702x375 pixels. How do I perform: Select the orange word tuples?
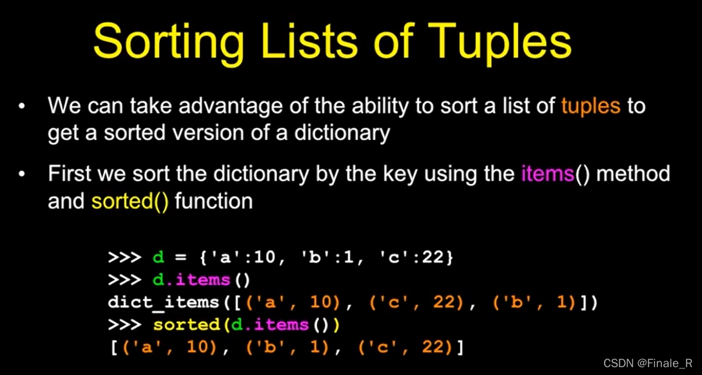point(590,106)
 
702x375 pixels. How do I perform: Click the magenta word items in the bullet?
point(547,174)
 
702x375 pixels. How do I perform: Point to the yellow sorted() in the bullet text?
point(130,200)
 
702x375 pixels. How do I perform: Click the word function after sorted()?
point(213,200)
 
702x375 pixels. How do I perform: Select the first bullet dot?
point(22,107)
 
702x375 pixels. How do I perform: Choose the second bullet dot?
point(22,175)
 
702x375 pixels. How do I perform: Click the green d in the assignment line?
point(158,257)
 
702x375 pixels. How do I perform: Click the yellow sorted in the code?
point(186,325)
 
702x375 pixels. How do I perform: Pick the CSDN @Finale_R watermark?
point(648,363)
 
